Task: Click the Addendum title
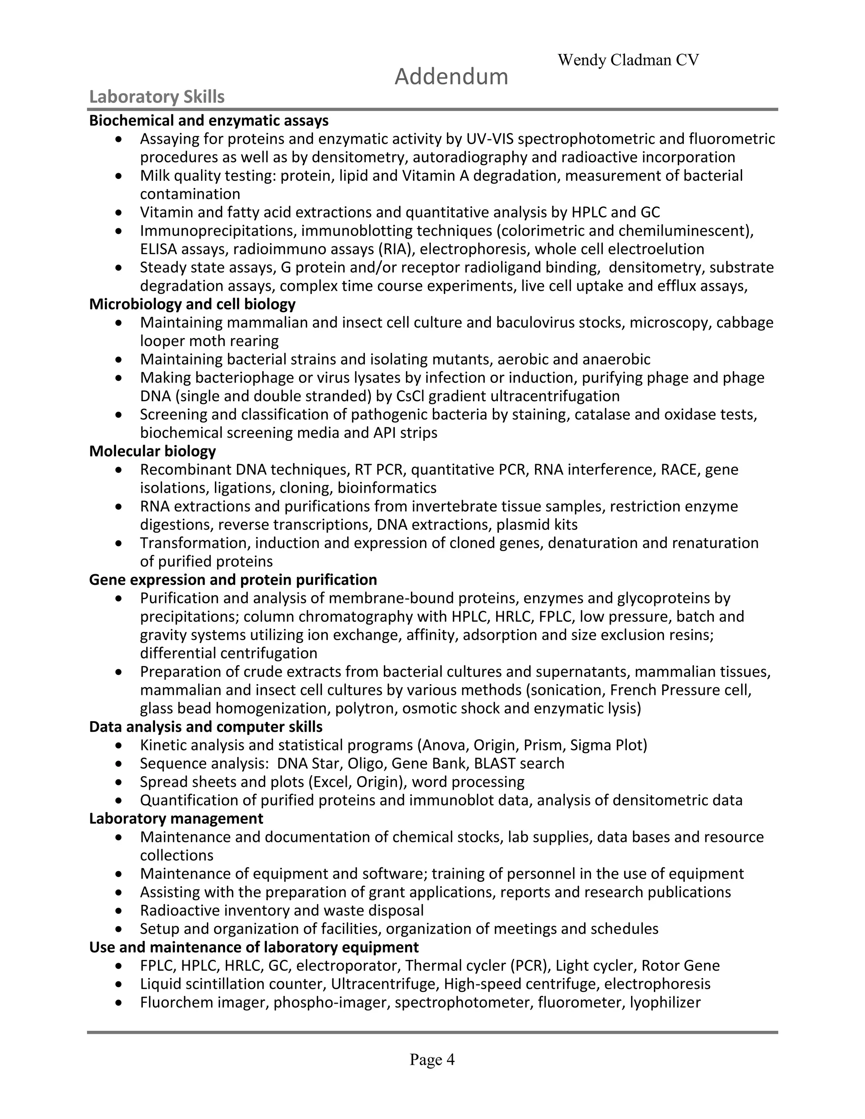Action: pyautogui.click(x=451, y=77)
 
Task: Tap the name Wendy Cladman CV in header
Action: pyautogui.click(x=628, y=60)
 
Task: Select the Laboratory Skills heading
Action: pyautogui.click(x=157, y=97)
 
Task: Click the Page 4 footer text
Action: pyautogui.click(x=432, y=1059)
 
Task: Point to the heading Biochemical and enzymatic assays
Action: pyautogui.click(x=209, y=120)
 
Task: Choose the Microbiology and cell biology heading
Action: pyautogui.click(x=192, y=304)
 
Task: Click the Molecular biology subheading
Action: pyautogui.click(x=152, y=451)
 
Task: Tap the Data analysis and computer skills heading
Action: pyautogui.click(x=206, y=727)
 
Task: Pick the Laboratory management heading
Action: pyautogui.click(x=176, y=818)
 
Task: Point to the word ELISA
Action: pyautogui.click(x=158, y=249)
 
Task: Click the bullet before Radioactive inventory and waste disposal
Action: pyautogui.click(x=119, y=910)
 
